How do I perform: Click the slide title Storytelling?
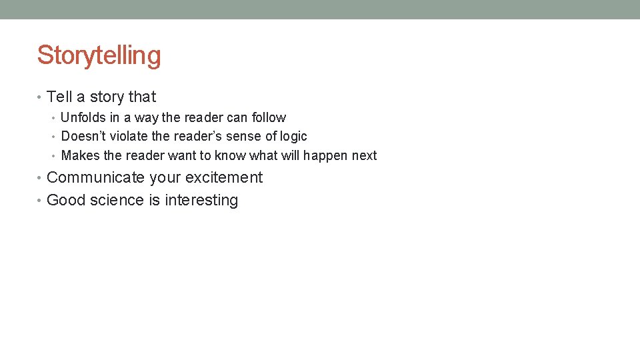[x=99, y=55]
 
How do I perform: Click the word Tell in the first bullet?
[x=59, y=97]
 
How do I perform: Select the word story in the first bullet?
[x=107, y=97]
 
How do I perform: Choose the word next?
[x=364, y=156]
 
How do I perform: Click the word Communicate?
[x=95, y=178]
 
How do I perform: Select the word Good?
[x=63, y=201]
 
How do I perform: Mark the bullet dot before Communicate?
[x=40, y=178]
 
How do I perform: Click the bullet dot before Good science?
[x=40, y=201]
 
